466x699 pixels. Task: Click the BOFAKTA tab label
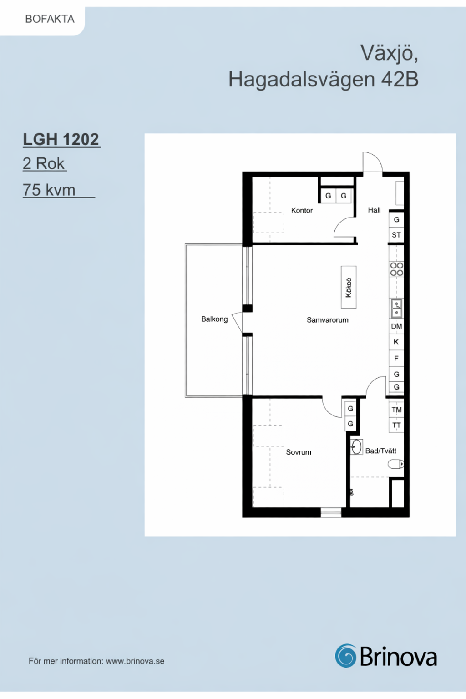pos(50,19)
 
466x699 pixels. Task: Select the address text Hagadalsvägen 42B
pos(323,79)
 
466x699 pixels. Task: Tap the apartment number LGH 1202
pos(61,139)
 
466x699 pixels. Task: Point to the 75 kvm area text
pos(49,190)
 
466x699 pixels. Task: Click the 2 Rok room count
pos(43,163)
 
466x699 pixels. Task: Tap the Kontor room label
pos(302,210)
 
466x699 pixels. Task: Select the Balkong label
pos(214,319)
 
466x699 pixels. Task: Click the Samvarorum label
pos(327,320)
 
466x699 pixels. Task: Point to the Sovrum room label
pos(299,452)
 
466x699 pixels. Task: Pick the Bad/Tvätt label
pos(381,451)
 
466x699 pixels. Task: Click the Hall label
pos(374,210)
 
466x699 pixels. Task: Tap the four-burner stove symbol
pos(396,269)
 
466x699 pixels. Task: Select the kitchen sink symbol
pos(396,308)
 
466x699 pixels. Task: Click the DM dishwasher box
pos(396,326)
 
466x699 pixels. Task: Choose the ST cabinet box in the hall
pos(396,235)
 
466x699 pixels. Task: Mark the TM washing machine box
pos(396,410)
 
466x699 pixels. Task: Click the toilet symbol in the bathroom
pos(396,464)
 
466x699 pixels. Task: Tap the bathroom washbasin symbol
pos(356,446)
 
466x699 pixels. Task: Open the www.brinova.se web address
pos(135,661)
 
